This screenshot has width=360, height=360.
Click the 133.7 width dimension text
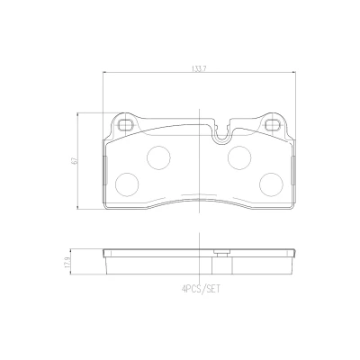point(198,68)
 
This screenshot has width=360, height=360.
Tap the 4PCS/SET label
point(201,289)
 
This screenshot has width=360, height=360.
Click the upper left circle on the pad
point(158,157)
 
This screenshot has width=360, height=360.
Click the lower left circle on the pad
point(127,184)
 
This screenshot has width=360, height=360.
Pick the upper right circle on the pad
point(239,157)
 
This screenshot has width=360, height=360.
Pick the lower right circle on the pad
point(271,184)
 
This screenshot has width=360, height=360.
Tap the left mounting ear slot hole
point(125,124)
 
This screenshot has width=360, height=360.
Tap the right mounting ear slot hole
point(273,124)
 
